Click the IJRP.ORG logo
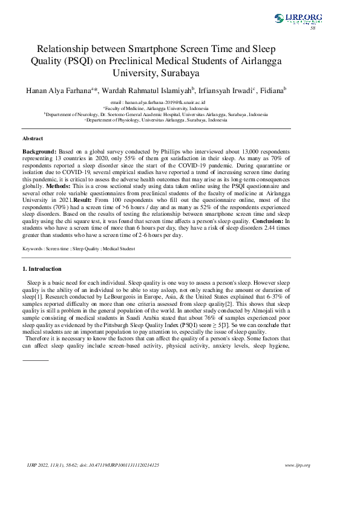coord(298,19)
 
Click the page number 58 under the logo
coord(313,28)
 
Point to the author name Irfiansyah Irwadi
coord(225,91)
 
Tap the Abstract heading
coord(32,138)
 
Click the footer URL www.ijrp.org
coord(297,465)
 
